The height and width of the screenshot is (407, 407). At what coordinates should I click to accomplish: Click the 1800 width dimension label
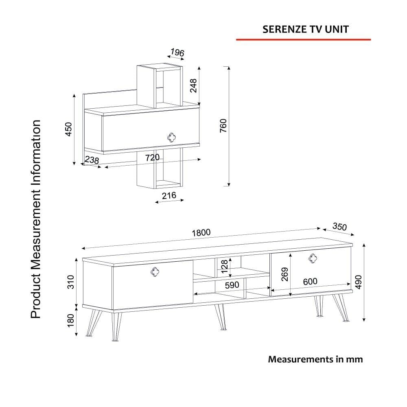click(201, 232)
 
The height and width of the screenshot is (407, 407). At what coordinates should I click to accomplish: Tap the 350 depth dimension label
click(339, 226)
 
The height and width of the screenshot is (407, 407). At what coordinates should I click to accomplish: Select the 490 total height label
click(358, 282)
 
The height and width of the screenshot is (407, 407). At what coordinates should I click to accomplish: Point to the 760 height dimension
click(223, 126)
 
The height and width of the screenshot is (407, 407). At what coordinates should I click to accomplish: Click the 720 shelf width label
click(152, 158)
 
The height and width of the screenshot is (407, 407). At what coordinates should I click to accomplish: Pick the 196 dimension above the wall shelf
click(177, 53)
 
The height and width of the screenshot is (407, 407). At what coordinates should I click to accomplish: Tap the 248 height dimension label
click(194, 85)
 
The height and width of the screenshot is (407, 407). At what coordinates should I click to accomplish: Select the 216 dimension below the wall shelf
click(169, 195)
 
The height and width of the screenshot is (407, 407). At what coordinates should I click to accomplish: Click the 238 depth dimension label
click(92, 160)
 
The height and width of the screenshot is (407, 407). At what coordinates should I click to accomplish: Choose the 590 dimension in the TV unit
click(232, 285)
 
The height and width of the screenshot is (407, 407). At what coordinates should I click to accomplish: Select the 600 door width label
click(310, 282)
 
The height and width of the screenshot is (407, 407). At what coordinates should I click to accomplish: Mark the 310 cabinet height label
click(71, 282)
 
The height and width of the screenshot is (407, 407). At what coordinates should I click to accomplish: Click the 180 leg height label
click(71, 321)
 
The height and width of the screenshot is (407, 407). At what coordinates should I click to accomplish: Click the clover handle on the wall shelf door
click(171, 137)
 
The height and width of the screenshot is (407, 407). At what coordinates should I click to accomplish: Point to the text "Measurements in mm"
click(315, 359)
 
